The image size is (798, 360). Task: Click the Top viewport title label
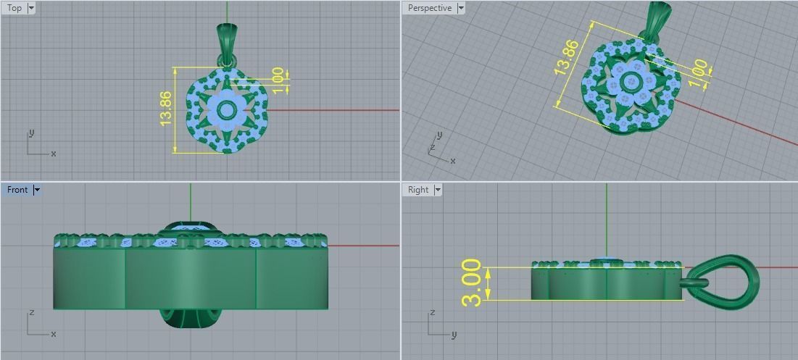click(14, 8)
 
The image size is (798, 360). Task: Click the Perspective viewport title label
click(429, 8)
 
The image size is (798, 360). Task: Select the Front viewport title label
click(17, 190)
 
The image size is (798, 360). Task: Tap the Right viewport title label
click(418, 190)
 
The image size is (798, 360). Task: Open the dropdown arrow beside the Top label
click(30, 8)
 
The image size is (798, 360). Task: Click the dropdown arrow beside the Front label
click(37, 190)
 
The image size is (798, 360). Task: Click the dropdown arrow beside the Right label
click(437, 190)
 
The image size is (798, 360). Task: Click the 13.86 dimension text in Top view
click(165, 109)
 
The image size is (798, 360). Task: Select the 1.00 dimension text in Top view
click(277, 79)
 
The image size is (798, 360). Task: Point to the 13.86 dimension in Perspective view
click(566, 58)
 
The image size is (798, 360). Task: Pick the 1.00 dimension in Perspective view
click(698, 72)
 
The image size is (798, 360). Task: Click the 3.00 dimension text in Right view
click(472, 282)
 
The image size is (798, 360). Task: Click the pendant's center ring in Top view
click(227, 111)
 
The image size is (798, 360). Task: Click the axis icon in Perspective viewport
click(439, 148)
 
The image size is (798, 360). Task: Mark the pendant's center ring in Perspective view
click(631, 80)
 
